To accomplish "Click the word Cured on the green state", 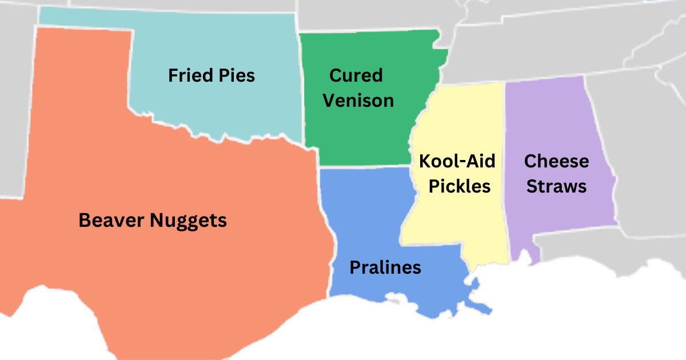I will pos(356,75).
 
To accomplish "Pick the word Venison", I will pos(358,101).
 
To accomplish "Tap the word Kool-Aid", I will pos(457,161).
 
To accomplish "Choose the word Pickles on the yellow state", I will pos(460,186).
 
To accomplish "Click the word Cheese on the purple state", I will pos(556,161).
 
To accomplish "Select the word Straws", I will pos(556,186).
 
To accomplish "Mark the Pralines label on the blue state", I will pos(385,267).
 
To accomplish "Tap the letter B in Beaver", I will pos(85,221).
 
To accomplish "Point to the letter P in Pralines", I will pos(354,267).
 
